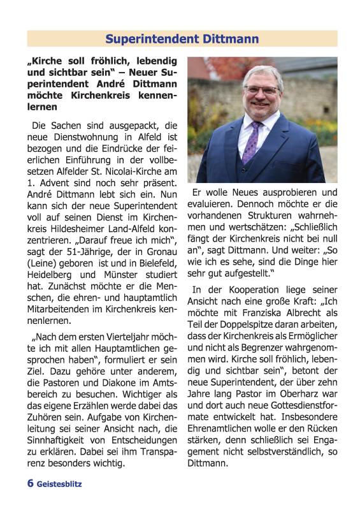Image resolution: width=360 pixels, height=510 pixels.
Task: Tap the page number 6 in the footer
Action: (x=30, y=483)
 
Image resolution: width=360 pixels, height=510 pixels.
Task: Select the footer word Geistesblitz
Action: (x=59, y=484)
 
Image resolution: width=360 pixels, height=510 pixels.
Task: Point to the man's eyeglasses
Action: (x=261, y=90)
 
